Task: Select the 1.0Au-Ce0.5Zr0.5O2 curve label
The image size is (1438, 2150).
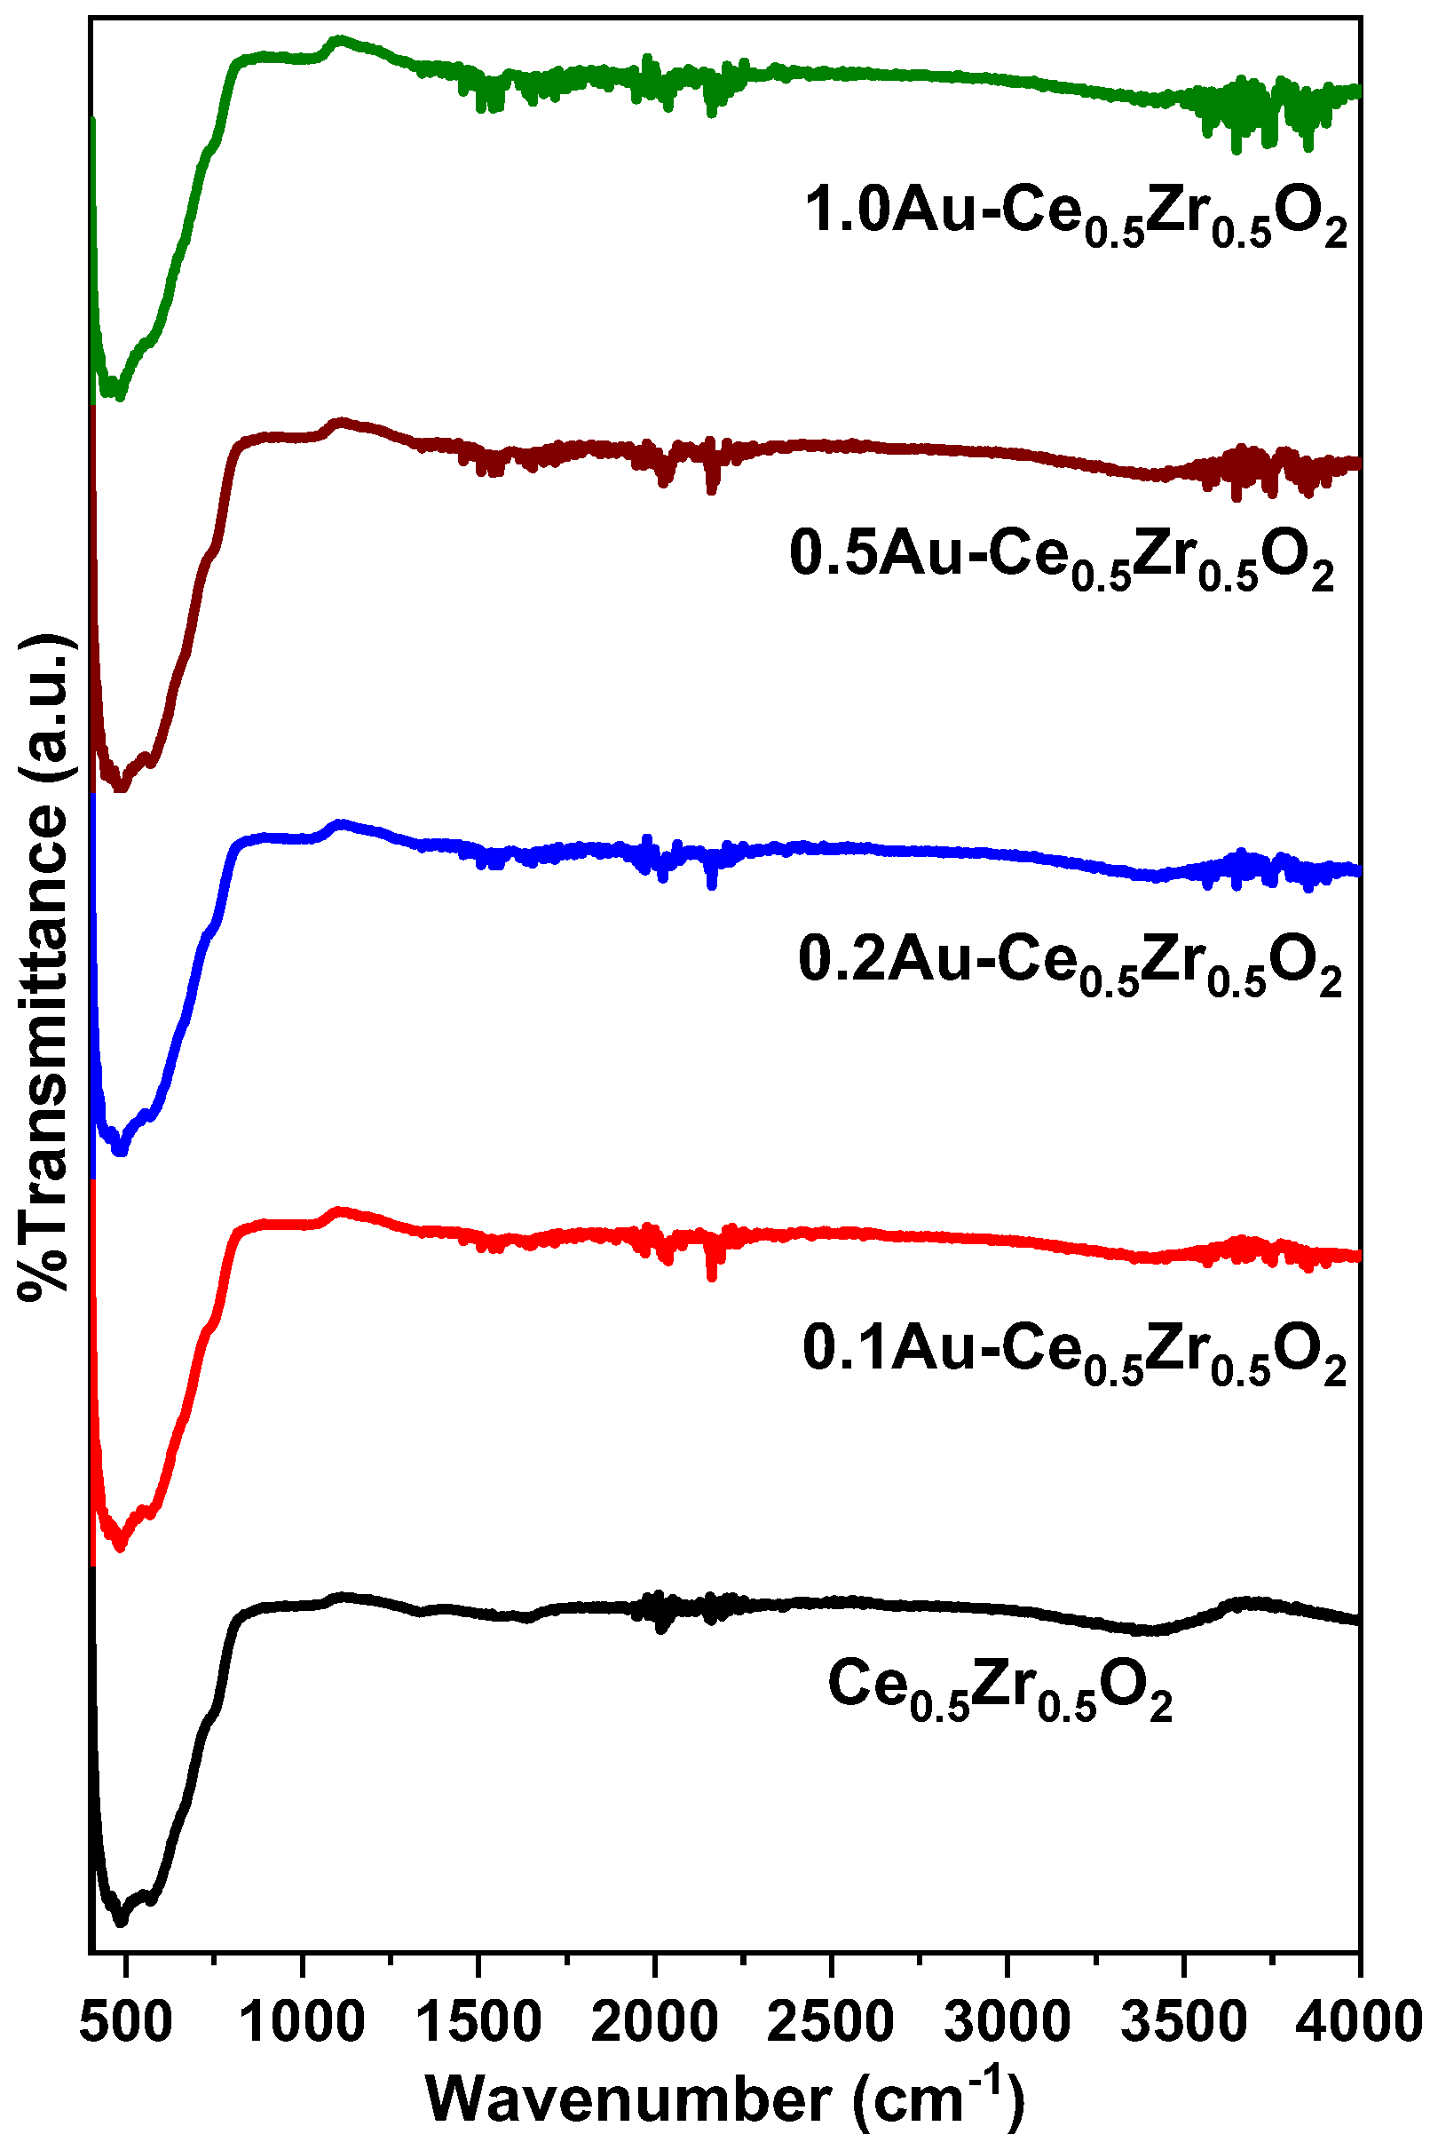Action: pyautogui.click(x=1076, y=216)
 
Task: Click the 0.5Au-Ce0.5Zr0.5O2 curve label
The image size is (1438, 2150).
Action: pyautogui.click(x=1061, y=559)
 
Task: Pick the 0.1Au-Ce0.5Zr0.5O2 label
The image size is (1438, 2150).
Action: pyautogui.click(x=1074, y=1353)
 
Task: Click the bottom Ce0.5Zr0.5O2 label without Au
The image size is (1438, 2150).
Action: pyautogui.click(x=999, y=1690)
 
